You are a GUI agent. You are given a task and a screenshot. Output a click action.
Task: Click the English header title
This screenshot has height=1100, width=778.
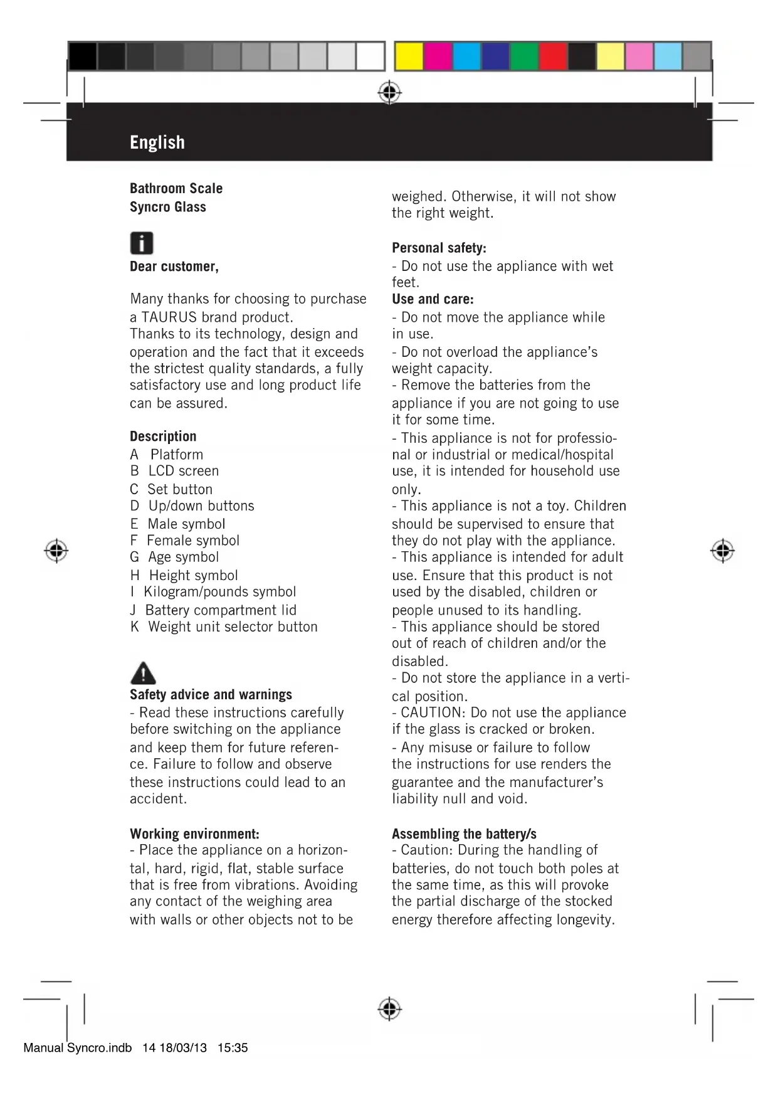157,142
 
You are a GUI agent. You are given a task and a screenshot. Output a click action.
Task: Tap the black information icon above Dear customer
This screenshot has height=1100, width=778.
142,243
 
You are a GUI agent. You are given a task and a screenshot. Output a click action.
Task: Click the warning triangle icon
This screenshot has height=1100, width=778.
143,673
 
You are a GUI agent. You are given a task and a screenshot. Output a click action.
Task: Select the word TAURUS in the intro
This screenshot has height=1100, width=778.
169,317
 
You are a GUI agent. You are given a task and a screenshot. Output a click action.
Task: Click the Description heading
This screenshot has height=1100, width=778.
163,436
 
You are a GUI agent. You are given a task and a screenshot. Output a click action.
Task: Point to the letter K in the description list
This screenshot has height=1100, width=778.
135,627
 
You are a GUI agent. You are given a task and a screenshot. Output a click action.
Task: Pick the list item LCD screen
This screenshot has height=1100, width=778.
184,471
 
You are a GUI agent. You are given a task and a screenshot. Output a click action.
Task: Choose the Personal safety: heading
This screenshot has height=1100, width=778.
439,248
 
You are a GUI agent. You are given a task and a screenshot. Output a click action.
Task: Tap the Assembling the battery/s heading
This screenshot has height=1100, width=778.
464,833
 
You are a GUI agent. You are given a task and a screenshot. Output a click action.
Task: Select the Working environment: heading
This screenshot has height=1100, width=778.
194,833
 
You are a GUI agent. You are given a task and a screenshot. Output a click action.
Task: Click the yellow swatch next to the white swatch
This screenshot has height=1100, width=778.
408,56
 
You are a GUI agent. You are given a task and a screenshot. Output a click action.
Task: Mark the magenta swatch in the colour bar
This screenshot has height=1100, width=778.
438,56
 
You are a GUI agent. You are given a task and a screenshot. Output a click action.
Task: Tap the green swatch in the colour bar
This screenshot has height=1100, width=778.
524,56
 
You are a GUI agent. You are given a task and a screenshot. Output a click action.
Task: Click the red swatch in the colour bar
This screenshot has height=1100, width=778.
553,56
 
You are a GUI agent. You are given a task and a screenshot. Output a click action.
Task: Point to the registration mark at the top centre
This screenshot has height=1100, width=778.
389,93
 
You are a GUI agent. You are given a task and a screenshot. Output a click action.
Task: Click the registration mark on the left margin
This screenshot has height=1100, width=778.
56,551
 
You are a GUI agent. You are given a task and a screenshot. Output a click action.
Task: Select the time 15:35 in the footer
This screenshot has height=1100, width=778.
233,1048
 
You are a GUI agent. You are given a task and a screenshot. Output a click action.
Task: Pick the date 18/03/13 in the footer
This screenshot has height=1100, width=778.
183,1048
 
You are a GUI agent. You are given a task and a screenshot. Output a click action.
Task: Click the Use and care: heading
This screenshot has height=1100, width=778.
433,299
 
